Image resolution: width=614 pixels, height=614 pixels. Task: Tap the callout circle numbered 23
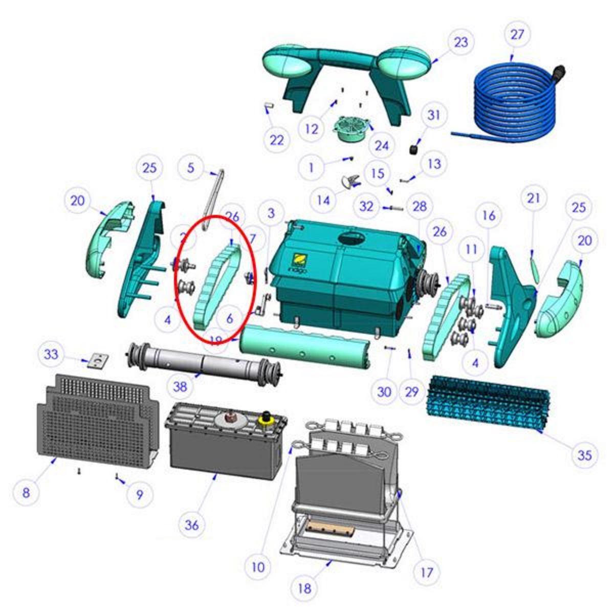pyautogui.click(x=461, y=41)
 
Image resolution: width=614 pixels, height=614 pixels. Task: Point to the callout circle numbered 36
pyautogui.click(x=192, y=524)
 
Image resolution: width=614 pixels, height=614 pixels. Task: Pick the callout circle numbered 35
pyautogui.click(x=584, y=455)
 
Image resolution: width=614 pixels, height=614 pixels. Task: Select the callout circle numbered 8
pyautogui.click(x=26, y=493)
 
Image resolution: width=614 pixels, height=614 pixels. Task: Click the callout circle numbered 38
pyautogui.click(x=180, y=387)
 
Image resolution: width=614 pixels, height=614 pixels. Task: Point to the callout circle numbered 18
pyautogui.click(x=304, y=588)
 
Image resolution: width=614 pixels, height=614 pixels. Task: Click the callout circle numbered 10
pyautogui.click(x=258, y=566)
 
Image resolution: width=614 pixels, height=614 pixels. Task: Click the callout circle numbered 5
pyautogui.click(x=191, y=167)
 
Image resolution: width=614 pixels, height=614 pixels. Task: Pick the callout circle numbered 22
pyautogui.click(x=276, y=139)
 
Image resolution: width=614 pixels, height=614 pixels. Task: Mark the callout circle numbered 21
pyautogui.click(x=534, y=198)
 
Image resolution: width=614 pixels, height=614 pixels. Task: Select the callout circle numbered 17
pyautogui.click(x=426, y=572)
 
